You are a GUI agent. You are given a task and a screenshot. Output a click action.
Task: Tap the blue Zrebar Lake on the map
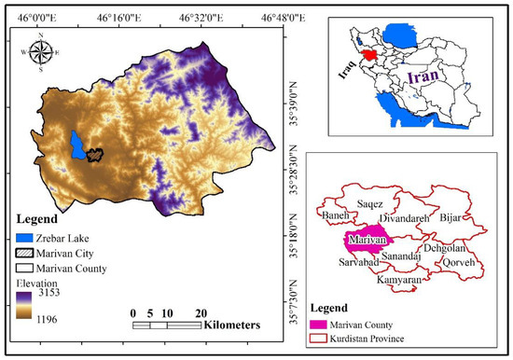point(77,145)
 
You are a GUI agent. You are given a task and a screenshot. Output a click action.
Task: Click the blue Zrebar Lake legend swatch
point(25,238)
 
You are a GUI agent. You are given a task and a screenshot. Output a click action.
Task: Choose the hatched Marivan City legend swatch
point(25,253)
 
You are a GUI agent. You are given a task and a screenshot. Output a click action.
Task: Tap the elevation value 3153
point(46,292)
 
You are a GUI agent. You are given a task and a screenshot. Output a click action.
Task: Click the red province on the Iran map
point(373,57)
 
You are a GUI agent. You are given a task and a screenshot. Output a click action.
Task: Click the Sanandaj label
point(401,254)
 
